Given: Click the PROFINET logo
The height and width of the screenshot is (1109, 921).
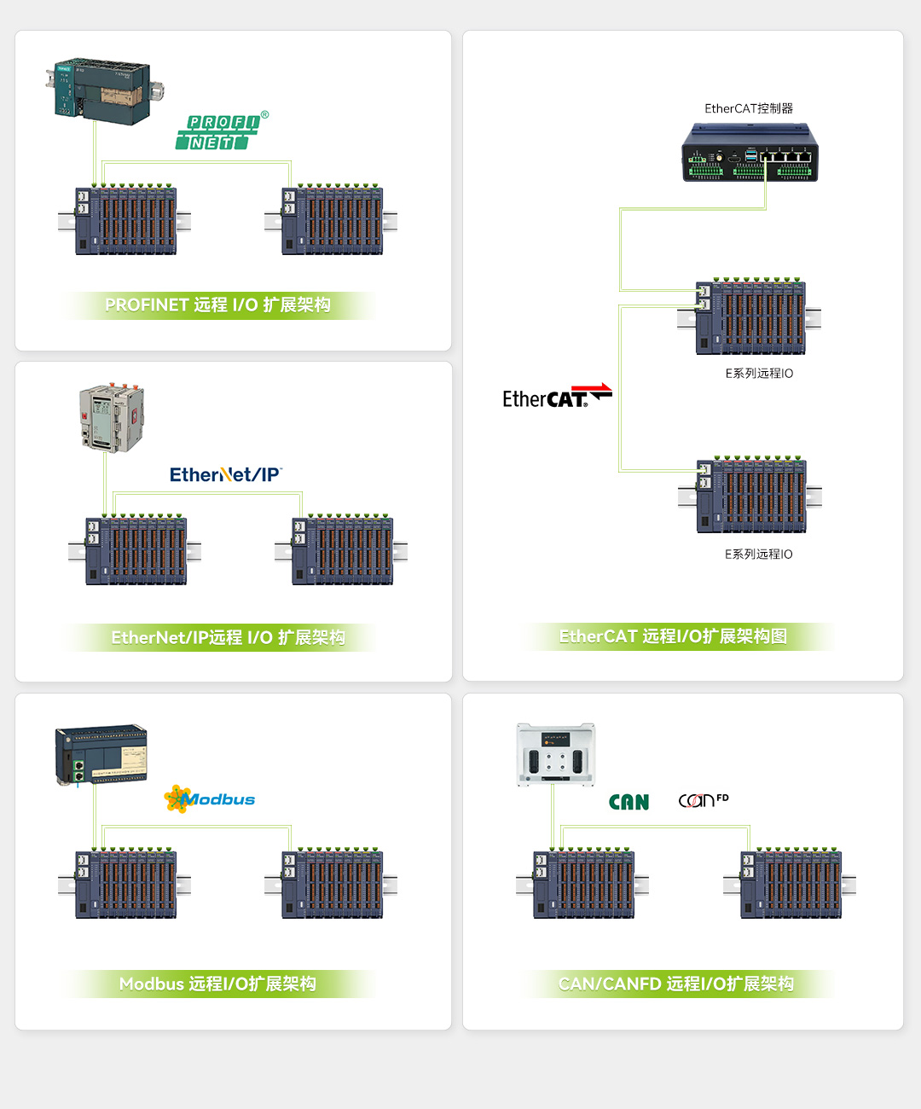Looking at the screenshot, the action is click(222, 131).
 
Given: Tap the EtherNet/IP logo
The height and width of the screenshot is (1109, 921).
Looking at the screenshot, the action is click(226, 474).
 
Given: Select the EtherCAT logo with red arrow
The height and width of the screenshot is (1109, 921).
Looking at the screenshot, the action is click(558, 396).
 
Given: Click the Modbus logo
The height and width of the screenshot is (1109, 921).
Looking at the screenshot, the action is click(210, 798).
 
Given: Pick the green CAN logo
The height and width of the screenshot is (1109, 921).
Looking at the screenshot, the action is click(629, 802).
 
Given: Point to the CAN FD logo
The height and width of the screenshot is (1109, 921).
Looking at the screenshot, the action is click(704, 800).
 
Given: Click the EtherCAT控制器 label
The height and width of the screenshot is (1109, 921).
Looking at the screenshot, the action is click(749, 108).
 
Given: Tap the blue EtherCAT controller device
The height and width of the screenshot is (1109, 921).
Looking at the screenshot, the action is click(750, 153).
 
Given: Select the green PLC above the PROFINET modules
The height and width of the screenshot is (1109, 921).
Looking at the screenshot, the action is click(104, 90).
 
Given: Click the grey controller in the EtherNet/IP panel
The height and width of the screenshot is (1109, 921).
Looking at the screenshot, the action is click(112, 418).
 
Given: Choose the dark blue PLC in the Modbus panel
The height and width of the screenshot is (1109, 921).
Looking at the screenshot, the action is click(101, 753).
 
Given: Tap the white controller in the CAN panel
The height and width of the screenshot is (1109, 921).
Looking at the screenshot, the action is click(556, 754).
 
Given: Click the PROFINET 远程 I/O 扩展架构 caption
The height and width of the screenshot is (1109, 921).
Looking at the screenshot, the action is click(217, 305).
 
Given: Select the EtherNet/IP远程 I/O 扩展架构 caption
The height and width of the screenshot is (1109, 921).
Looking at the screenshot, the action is click(229, 637).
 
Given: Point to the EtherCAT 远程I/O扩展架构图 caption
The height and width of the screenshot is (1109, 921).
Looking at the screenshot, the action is click(673, 636).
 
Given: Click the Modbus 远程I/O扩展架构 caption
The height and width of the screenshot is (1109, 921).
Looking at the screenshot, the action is click(217, 984).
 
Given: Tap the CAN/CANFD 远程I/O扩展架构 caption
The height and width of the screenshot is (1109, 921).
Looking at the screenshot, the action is click(676, 984).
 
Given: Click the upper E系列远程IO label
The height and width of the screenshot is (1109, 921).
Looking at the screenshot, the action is click(759, 374).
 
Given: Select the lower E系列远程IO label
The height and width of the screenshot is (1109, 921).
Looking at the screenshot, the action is click(759, 554).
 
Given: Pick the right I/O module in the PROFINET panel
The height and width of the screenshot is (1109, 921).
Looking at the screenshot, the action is click(331, 220).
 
